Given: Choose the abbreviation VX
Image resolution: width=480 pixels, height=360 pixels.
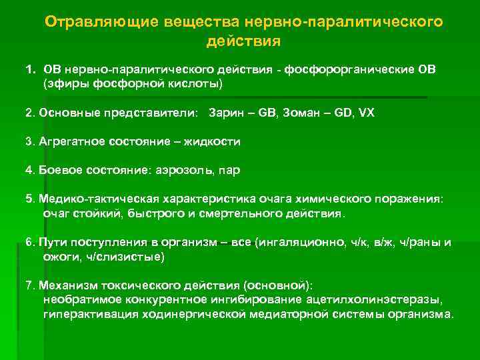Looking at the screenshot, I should [x=367, y=113].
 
